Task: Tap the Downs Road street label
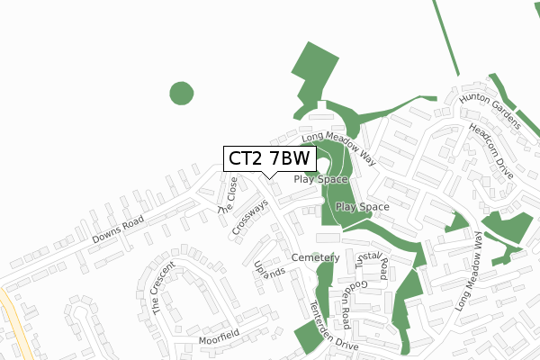pyautogui.click(x=119, y=231)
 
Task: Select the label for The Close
pyautogui.click(x=228, y=194)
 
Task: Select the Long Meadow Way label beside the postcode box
pyautogui.click(x=338, y=147)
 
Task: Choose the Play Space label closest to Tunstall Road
pyautogui.click(x=362, y=207)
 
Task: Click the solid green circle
pyautogui.click(x=181, y=93)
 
